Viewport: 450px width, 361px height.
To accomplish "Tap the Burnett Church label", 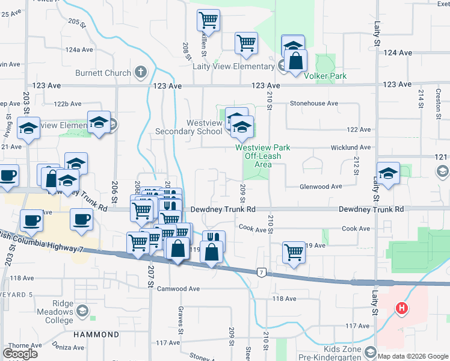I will (x=103, y=73).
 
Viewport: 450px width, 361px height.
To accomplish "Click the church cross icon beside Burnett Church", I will (x=141, y=73).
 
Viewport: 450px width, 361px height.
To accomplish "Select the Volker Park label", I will (x=325, y=76).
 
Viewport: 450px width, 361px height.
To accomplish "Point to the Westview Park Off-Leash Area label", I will (x=262, y=155).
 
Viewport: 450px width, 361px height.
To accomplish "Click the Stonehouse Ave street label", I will (x=313, y=103).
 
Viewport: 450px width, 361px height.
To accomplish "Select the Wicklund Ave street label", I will (x=350, y=147).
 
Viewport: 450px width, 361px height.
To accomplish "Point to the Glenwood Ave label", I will (x=321, y=187).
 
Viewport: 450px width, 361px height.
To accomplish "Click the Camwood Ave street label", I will (x=178, y=289).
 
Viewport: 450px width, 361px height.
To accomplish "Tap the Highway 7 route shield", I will (x=261, y=273).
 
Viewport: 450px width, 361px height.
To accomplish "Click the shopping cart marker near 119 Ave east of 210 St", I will (x=294, y=251).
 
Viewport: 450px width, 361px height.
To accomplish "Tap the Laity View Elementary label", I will (x=233, y=66).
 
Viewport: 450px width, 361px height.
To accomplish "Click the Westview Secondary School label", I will (x=188, y=127).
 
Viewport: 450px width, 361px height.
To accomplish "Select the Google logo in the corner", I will (x=19, y=354).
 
